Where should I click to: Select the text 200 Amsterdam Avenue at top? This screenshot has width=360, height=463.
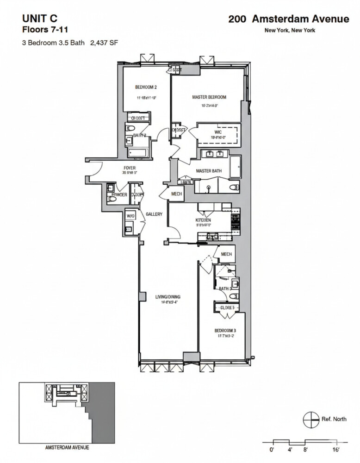[288, 19]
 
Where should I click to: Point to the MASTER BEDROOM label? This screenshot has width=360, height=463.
[209, 97]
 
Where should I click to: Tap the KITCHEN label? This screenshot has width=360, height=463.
[204, 220]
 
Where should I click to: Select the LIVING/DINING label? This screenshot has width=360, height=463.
[168, 297]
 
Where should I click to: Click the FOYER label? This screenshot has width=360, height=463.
[129, 168]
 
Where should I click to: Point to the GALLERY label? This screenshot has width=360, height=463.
[154, 214]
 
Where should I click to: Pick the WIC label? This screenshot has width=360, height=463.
[218, 132]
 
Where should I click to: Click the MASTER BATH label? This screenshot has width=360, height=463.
[209, 171]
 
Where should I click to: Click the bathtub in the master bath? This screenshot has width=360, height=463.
[236, 167]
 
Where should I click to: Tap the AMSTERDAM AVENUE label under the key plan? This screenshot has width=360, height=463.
[67, 448]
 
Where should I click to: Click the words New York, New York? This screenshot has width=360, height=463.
[289, 31]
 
